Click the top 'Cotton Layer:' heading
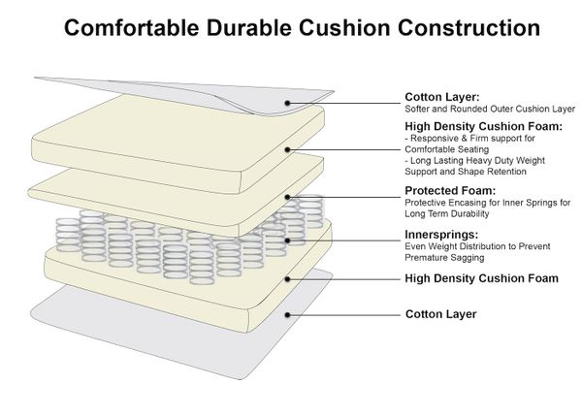(440, 97)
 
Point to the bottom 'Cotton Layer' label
(439, 314)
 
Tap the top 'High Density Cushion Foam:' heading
(482, 126)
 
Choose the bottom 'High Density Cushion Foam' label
(481, 278)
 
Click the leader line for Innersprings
(344, 238)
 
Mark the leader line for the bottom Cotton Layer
(344, 314)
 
